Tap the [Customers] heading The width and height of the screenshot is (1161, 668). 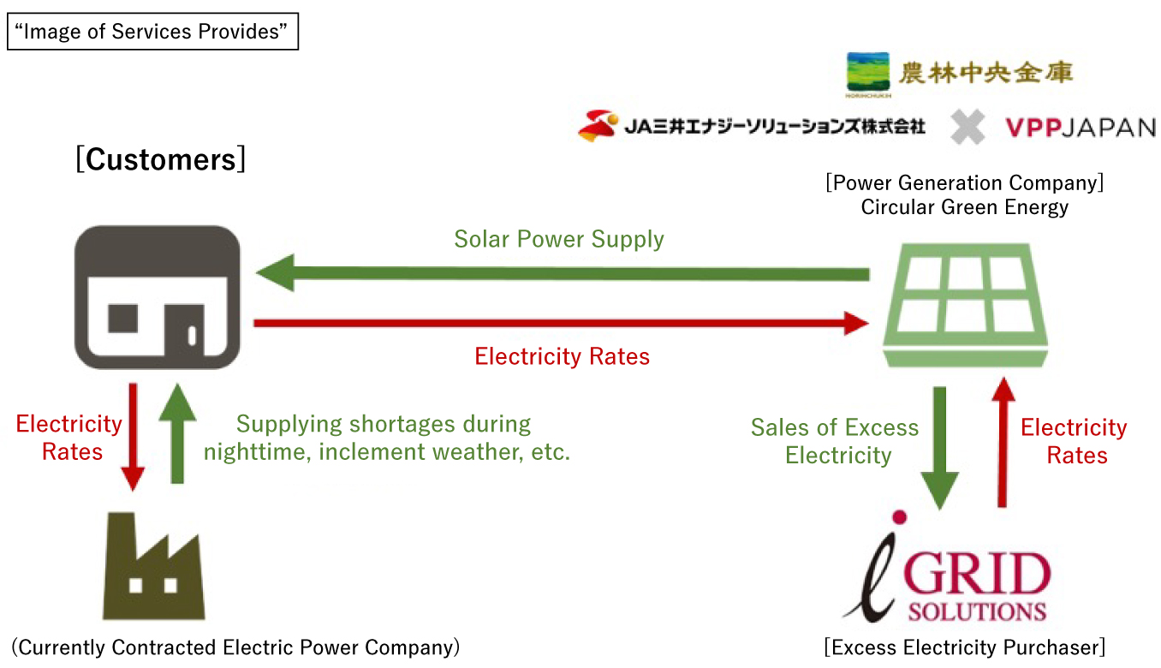tap(160, 159)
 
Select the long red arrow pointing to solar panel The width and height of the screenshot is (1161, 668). tap(562, 323)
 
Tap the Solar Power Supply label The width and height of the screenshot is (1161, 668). tap(559, 239)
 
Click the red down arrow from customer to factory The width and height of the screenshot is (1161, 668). tap(133, 436)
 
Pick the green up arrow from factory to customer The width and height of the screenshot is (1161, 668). tap(176, 434)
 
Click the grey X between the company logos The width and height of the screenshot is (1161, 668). tap(967, 128)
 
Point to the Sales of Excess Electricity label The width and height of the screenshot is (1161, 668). tap(837, 441)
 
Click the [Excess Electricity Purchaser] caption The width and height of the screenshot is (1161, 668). tap(965, 647)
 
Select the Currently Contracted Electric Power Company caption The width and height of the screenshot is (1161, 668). tap(236, 647)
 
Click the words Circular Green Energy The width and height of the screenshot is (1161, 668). tap(965, 207)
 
